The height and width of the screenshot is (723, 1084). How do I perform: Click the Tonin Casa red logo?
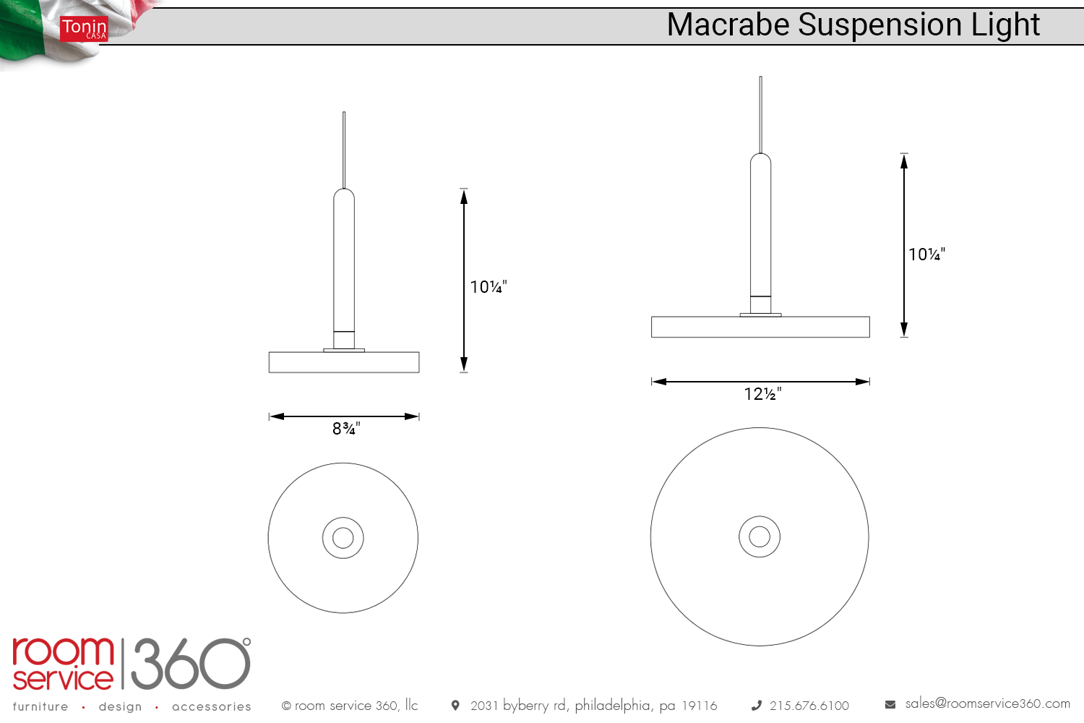(84, 29)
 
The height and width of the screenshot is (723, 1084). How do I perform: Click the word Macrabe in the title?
(728, 25)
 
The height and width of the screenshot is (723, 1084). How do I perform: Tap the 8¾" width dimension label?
(346, 429)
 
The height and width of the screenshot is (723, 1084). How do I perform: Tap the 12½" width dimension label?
(762, 394)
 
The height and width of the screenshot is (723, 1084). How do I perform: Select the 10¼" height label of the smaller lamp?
(489, 287)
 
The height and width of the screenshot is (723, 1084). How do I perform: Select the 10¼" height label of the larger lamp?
(926, 254)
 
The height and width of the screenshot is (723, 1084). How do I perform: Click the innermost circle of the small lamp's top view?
(343, 538)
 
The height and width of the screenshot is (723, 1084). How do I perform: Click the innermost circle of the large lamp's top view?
(760, 536)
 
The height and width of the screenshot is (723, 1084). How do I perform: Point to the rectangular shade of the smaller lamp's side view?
(344, 362)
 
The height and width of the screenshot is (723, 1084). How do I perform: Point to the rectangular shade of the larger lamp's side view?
(760, 327)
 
